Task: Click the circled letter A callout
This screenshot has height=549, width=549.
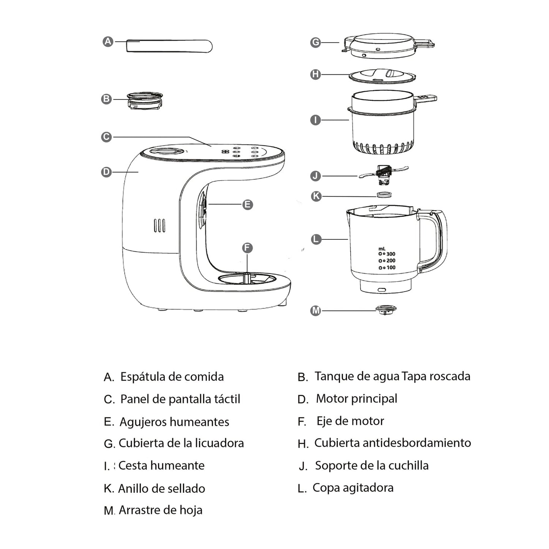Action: (108, 41)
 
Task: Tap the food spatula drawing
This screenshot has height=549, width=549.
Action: (169, 46)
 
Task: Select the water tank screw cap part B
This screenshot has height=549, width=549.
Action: (144, 101)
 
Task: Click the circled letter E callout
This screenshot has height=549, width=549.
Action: (247, 205)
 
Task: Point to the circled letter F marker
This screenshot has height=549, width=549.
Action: (247, 248)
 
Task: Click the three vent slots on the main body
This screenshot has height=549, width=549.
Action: (160, 225)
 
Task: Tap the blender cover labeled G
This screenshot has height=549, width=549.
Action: (384, 46)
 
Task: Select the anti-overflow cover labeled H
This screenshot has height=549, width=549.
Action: (382, 76)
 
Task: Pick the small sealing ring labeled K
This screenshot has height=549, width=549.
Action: (384, 195)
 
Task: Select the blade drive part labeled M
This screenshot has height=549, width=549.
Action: (386, 309)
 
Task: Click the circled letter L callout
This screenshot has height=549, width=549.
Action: (316, 239)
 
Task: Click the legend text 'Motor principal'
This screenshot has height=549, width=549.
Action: (356, 399)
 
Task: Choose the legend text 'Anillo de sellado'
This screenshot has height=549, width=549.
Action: (161, 488)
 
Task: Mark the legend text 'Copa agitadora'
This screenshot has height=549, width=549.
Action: (353, 487)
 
